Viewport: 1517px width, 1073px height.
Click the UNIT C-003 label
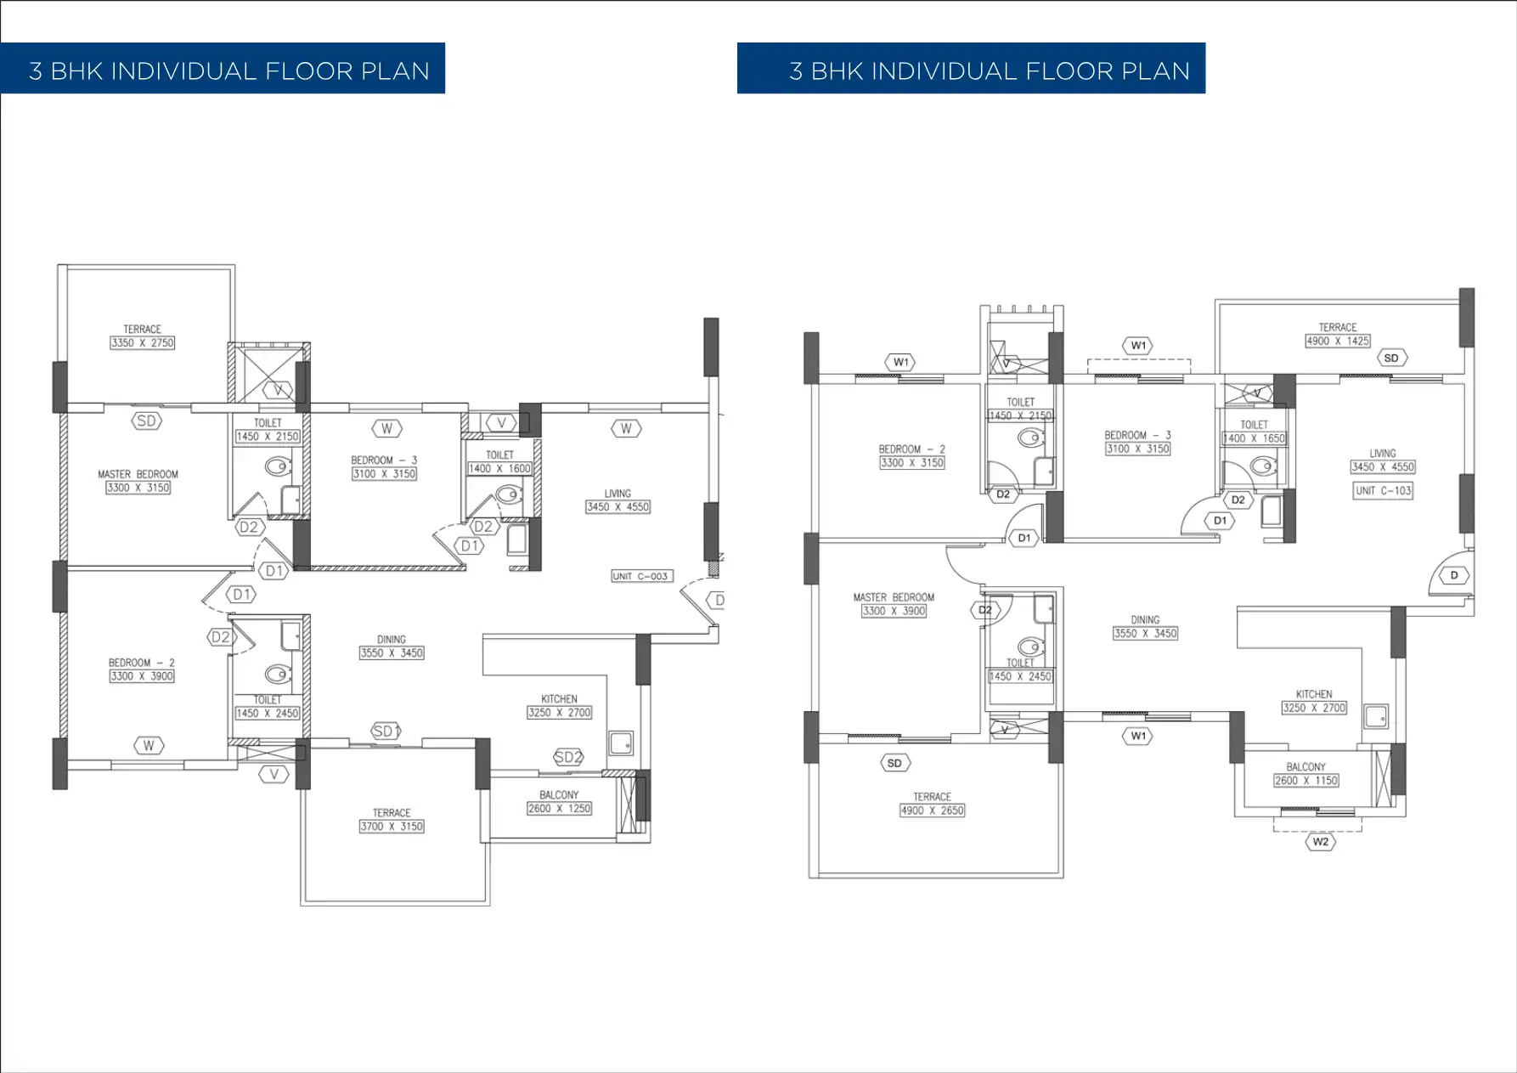click(641, 576)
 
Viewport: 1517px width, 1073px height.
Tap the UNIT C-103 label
click(1383, 490)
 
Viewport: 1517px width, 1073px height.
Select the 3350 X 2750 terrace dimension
click(142, 342)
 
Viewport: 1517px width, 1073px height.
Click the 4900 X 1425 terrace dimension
click(1337, 341)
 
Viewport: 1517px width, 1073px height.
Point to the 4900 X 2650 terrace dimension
click(932, 810)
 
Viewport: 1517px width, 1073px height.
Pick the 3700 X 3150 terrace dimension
click(391, 826)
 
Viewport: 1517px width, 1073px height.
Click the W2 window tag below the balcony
click(1320, 842)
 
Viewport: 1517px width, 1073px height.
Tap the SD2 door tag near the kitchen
click(568, 757)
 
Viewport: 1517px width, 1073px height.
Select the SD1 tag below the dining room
click(386, 731)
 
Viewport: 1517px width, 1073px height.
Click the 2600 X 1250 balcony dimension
click(559, 808)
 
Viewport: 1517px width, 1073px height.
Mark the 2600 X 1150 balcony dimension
click(1306, 780)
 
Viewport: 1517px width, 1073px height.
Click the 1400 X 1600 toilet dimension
click(499, 468)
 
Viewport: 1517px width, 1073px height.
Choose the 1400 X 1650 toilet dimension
click(1254, 438)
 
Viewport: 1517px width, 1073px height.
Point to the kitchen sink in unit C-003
click(621, 743)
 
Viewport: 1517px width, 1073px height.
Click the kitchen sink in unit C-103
click(1375, 716)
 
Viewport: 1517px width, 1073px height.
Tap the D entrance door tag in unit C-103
click(1453, 575)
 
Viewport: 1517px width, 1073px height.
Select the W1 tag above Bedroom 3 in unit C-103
click(1138, 345)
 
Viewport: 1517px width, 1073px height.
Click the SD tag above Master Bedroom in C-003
click(146, 421)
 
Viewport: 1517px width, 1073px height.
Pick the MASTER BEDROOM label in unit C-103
click(894, 597)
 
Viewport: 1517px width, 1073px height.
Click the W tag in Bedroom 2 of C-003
click(149, 746)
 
